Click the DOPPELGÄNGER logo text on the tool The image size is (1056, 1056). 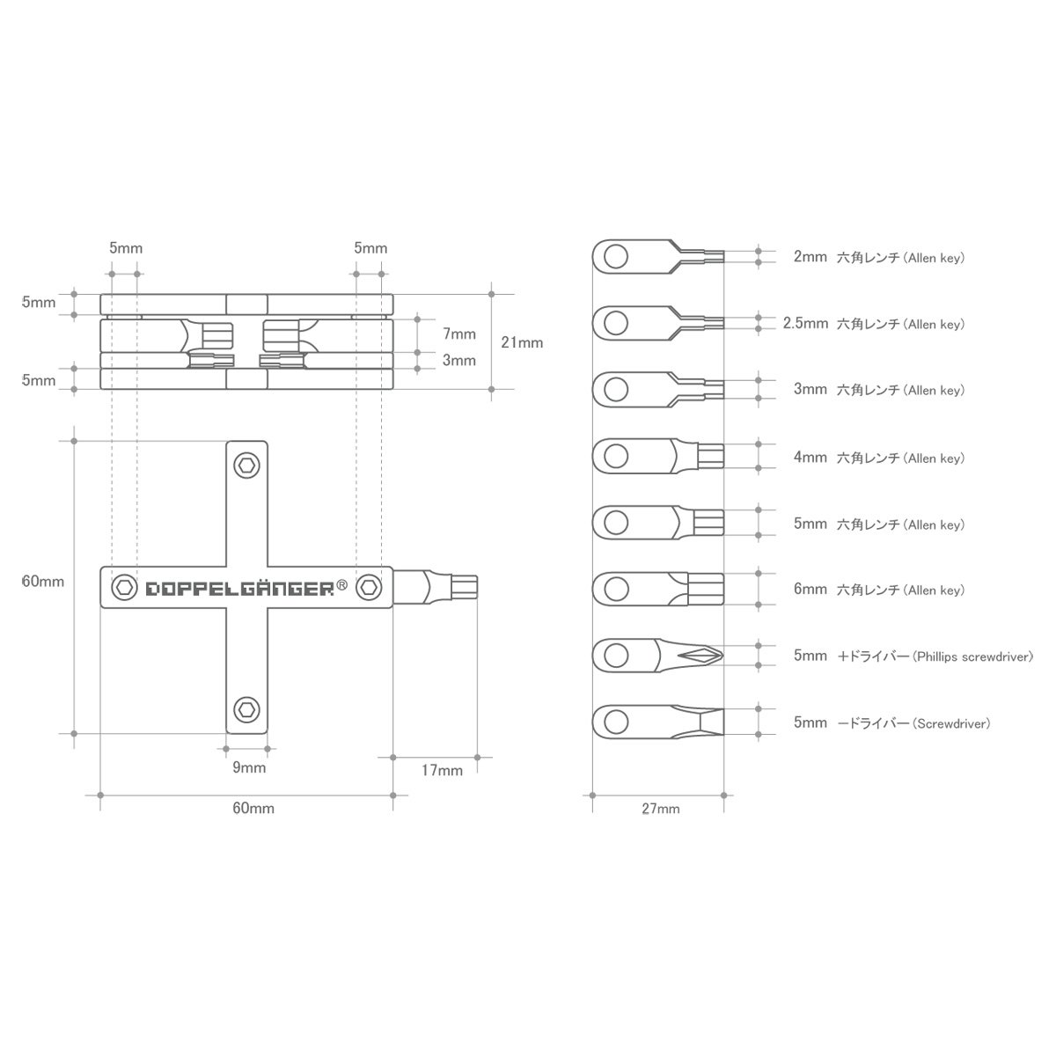[x=240, y=589]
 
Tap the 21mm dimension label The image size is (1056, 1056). [x=522, y=342]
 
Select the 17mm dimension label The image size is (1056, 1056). [x=442, y=770]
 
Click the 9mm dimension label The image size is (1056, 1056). [x=249, y=767]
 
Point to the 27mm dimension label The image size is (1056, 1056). [x=660, y=809]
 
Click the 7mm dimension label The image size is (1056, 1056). [x=459, y=334]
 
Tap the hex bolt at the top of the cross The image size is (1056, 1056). [x=246, y=466]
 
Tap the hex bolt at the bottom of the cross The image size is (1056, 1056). [x=246, y=709]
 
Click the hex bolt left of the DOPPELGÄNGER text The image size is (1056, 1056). [x=124, y=588]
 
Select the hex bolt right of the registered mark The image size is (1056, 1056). [x=369, y=588]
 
